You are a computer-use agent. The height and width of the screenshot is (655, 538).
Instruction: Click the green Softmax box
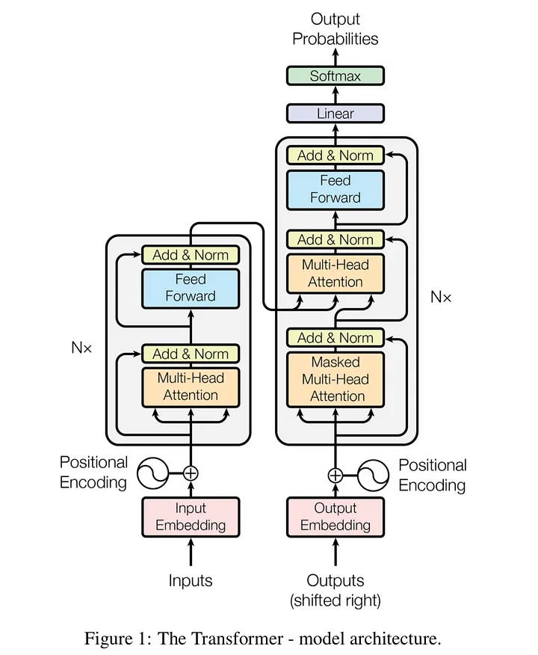tap(336, 76)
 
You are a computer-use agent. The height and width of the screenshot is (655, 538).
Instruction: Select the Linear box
tap(336, 114)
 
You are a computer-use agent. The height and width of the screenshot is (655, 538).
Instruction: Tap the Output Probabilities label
tap(336, 28)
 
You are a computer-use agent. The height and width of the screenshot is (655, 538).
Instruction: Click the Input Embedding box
tap(191, 517)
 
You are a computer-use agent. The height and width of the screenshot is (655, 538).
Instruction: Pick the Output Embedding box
tap(336, 517)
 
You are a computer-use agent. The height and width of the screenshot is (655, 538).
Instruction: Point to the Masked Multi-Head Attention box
tap(336, 379)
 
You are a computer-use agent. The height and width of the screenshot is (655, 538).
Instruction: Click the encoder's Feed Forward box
tap(191, 288)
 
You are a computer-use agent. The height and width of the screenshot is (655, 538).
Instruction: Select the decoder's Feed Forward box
tap(336, 189)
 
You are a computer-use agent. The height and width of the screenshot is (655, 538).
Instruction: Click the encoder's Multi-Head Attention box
tap(191, 387)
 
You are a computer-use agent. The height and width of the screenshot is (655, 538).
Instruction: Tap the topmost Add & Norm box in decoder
tap(336, 156)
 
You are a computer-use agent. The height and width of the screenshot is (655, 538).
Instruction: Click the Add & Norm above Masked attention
tap(336, 338)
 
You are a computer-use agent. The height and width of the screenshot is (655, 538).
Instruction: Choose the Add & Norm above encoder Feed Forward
tap(191, 255)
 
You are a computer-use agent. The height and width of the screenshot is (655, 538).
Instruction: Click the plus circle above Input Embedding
tap(191, 473)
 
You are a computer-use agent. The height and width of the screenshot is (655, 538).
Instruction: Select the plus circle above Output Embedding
tap(336, 474)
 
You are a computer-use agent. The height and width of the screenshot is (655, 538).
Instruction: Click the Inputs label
tap(191, 580)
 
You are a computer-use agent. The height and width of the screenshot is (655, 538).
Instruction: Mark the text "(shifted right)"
tap(336, 599)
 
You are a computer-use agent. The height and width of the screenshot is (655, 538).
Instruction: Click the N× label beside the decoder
tap(441, 297)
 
